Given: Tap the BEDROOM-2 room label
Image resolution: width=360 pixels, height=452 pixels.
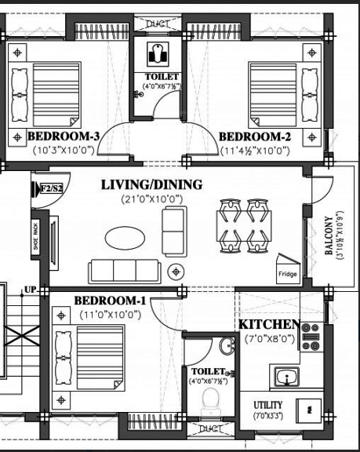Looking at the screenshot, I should point(256,136).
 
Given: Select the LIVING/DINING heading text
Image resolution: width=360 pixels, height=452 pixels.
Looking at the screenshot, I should point(152,185).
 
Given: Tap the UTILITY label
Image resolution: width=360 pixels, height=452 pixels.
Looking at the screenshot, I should point(267,405).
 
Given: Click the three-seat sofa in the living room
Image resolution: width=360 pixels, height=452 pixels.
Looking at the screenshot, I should point(125,270).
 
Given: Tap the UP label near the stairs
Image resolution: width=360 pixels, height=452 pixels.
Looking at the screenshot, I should point(31,290).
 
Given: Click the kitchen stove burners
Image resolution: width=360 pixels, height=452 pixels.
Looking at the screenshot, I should point(311,337).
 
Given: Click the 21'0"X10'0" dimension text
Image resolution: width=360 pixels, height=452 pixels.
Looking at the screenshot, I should point(152,199).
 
